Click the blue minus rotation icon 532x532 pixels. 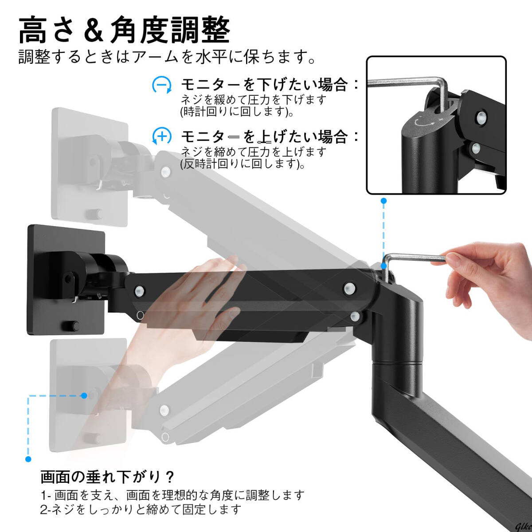point(162,85)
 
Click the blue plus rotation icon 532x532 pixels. point(162,136)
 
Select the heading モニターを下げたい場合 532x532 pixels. point(265,85)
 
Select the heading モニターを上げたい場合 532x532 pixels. point(265,136)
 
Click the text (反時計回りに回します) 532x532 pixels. point(243,164)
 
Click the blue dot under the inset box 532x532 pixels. point(383,201)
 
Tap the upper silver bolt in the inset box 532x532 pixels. point(481,117)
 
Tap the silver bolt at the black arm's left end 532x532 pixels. point(140,290)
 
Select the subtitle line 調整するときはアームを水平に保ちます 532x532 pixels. point(167,57)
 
